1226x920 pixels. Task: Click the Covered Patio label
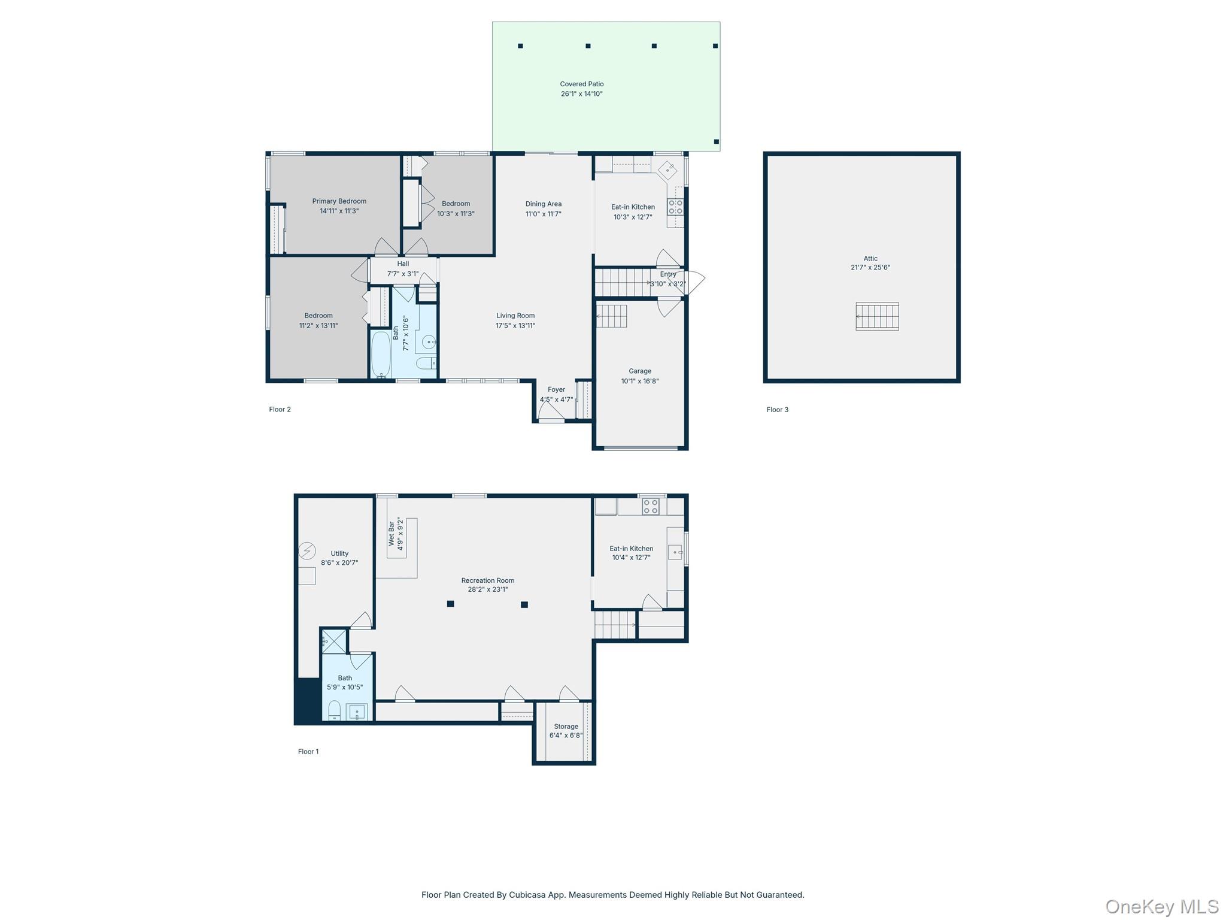581,84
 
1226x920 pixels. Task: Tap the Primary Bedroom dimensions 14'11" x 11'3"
339,211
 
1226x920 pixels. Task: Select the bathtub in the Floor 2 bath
381,355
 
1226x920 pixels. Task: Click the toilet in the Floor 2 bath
426,363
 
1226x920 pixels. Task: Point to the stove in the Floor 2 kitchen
675,207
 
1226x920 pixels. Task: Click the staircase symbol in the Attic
877,316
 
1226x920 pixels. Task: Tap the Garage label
639,371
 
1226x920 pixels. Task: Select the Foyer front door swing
551,411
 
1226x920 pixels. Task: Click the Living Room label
515,316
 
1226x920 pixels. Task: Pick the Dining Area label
543,204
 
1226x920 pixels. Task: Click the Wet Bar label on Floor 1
392,534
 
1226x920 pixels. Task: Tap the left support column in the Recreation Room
450,604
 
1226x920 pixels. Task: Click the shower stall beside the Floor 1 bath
334,641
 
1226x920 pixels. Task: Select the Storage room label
566,726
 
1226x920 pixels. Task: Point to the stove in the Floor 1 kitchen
650,507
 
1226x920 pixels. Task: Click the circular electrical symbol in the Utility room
307,550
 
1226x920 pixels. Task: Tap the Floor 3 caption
777,410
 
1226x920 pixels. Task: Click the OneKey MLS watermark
1161,906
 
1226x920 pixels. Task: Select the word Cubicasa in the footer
528,895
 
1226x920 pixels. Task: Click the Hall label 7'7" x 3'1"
403,268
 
